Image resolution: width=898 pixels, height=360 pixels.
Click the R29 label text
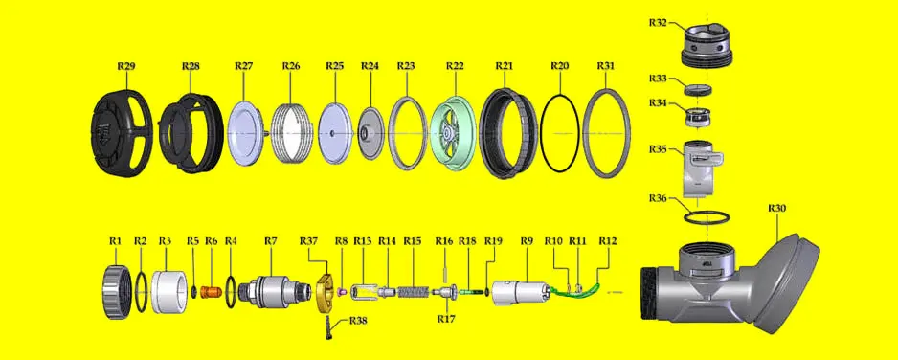(x=126, y=66)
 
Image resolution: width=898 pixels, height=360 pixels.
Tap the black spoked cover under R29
(x=122, y=133)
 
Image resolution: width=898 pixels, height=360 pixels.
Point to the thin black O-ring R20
(x=559, y=133)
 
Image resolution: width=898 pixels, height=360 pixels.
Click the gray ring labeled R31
(x=607, y=133)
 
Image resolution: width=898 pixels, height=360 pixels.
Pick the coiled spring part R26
(x=291, y=133)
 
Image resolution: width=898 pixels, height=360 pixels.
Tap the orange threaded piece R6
(x=212, y=292)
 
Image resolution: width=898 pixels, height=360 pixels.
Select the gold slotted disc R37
(x=326, y=293)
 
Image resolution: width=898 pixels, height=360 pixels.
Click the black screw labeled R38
(x=329, y=326)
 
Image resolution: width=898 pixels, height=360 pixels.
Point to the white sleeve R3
(x=169, y=292)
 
